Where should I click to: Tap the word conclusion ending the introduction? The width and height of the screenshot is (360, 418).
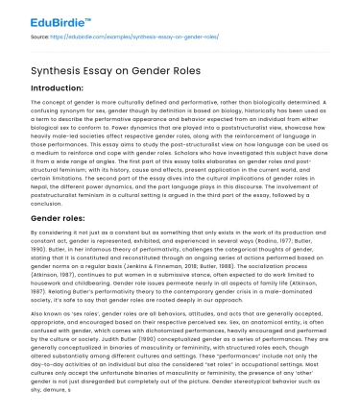coord(45,203)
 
